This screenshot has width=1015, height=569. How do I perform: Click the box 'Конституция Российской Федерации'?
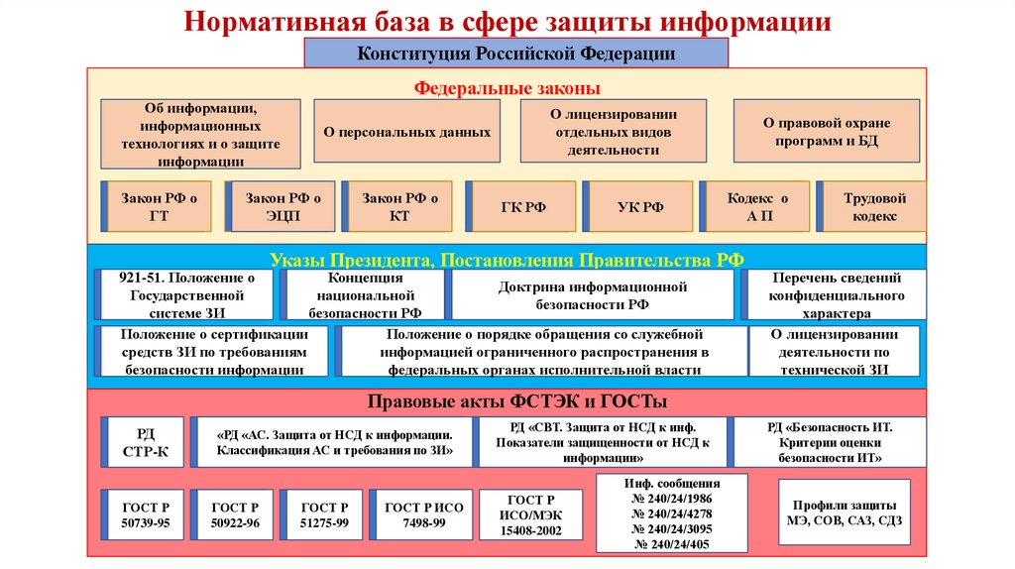[515, 54]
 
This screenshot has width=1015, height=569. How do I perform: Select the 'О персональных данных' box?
[406, 131]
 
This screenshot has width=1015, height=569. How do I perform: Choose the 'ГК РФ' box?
[522, 207]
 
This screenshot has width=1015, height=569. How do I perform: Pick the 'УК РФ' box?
[639, 207]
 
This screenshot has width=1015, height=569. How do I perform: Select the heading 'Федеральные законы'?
[507, 87]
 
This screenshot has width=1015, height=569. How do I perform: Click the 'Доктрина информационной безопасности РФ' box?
[593, 295]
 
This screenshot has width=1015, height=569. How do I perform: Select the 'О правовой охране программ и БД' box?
[827, 131]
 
